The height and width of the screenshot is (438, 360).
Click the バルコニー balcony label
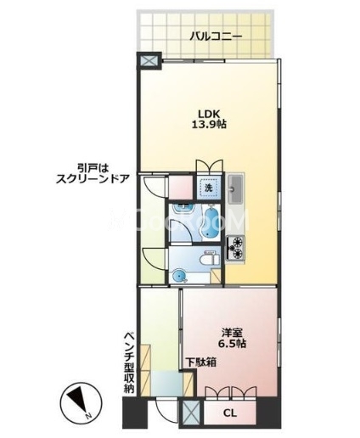(216, 36)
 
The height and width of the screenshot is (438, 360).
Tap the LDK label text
(209, 114)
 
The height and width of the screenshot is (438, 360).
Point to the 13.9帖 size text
(209, 125)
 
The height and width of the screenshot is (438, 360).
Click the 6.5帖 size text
(232, 343)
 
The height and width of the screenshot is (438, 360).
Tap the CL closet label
(230, 413)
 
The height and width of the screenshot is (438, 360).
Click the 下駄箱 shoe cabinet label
(201, 362)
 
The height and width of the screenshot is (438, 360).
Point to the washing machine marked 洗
(208, 187)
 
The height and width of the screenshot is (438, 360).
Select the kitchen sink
(235, 188)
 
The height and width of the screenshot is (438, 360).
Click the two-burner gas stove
(235, 249)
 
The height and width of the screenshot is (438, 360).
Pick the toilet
(210, 259)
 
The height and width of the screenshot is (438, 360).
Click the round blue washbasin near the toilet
(179, 275)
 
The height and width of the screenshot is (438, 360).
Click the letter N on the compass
(88, 416)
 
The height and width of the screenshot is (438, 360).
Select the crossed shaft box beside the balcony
(149, 60)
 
